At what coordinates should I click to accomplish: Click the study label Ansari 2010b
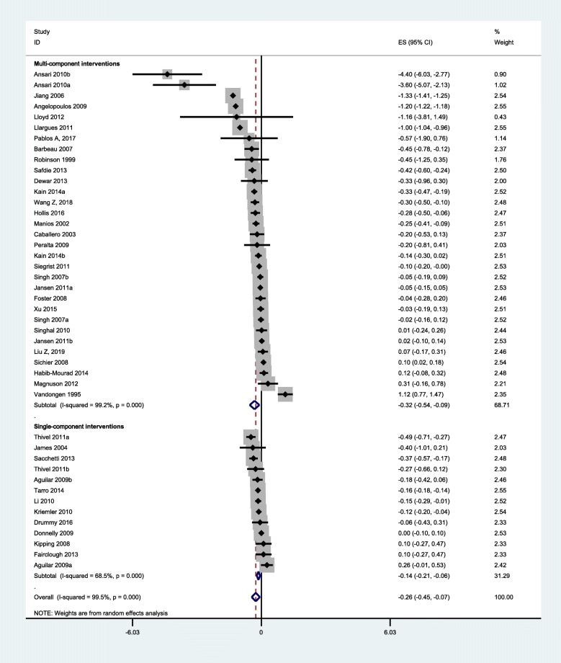coord(53,74)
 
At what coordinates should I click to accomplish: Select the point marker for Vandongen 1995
coord(285,395)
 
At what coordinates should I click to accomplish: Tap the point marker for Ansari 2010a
coord(184,85)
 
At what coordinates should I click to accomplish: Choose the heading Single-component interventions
coord(78,427)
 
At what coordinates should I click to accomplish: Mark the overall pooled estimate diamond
coord(255,597)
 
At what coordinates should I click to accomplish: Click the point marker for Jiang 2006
coord(232,96)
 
